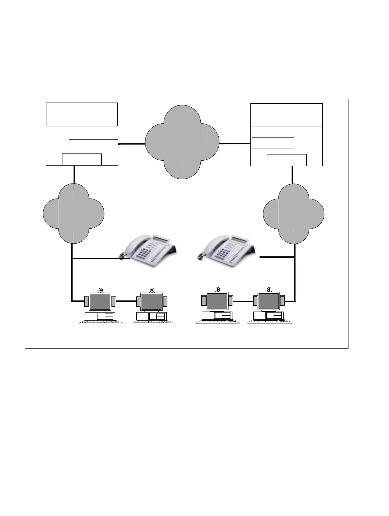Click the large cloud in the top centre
point(182,142)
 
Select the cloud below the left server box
point(74,213)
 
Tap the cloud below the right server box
point(294,214)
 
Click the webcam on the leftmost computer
point(101,290)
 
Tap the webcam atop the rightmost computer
point(269,289)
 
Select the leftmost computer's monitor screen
point(100,301)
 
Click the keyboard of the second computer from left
point(152,322)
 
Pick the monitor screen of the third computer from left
point(217,301)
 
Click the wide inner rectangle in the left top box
point(93,144)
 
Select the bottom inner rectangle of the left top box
point(82,159)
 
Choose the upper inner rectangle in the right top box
point(273,143)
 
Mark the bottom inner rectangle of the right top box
point(286,160)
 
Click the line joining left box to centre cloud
point(131,144)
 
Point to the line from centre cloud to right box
point(234,143)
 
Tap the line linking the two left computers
point(126,301)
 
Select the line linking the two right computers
point(243,301)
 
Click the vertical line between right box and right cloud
point(292,175)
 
